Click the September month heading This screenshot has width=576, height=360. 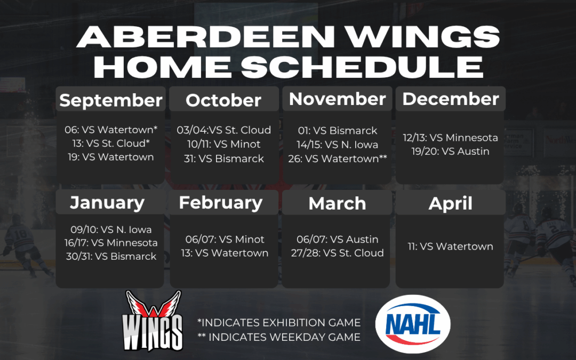pyautogui.click(x=111, y=100)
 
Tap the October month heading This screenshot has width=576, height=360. pyautogui.click(x=223, y=100)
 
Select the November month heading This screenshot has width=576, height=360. pyautogui.click(x=337, y=99)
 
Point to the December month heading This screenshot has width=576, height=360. pyautogui.click(x=451, y=99)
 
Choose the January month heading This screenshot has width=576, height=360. pyautogui.click(x=107, y=203)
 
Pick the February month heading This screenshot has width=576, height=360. pyautogui.click(x=221, y=202)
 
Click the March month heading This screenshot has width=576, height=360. pyautogui.click(x=337, y=203)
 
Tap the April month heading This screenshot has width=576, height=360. pyautogui.click(x=451, y=203)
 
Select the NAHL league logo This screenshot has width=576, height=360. pyautogui.click(x=413, y=324)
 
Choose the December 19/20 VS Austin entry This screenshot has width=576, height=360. pyautogui.click(x=450, y=151)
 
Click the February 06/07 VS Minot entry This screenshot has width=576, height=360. pyautogui.click(x=225, y=239)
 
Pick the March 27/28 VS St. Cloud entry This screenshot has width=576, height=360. pyautogui.click(x=337, y=253)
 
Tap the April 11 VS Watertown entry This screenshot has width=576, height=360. pyautogui.click(x=450, y=246)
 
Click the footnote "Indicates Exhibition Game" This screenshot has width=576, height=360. pyautogui.click(x=278, y=323)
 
